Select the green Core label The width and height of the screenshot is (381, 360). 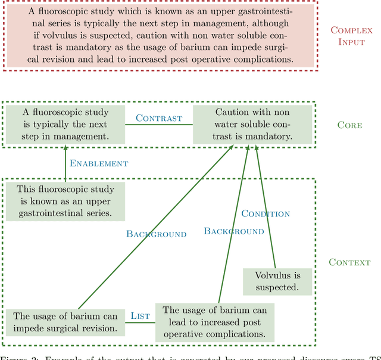pyautogui.click(x=349, y=125)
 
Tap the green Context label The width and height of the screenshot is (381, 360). pyautogui.click(x=349, y=262)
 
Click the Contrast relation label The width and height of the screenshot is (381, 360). pyautogui.click(x=159, y=118)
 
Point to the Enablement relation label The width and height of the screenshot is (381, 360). pyautogui.click(x=99, y=163)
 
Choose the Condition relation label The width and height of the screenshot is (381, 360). pyautogui.click(x=266, y=213)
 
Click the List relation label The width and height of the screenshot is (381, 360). pyautogui.click(x=140, y=315)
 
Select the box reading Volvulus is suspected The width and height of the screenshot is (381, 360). pyautogui.click(x=278, y=281)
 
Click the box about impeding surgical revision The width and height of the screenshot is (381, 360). pyautogui.click(x=65, y=322)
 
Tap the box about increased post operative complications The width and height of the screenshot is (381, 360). pyautogui.click(x=215, y=322)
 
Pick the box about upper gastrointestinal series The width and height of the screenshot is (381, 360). pyautogui.click(x=65, y=201)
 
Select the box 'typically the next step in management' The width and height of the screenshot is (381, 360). pyautogui.click(x=65, y=125)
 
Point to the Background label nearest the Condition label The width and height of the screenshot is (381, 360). pyautogui.click(x=234, y=231)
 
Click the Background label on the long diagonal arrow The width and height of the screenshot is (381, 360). pyautogui.click(x=156, y=234)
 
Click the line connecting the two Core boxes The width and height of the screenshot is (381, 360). pyautogui.click(x=159, y=125)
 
